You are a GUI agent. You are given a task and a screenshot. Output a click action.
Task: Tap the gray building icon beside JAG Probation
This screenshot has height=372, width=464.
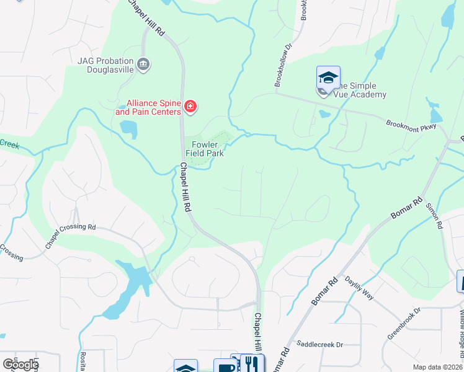coord(144,64)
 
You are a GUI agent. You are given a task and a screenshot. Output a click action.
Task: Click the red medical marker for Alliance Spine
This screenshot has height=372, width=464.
coord(190,108)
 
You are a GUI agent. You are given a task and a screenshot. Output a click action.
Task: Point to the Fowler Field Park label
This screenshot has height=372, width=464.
coord(204,149)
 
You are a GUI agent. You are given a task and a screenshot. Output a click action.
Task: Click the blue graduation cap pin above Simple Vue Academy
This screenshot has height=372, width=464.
coord(328,78)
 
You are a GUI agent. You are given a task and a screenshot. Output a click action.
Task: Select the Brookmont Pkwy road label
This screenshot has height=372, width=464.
coord(411,123)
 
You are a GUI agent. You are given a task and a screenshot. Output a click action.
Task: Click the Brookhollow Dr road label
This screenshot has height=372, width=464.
coord(283,66)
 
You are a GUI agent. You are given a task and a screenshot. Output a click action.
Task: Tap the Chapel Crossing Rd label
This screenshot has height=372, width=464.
coord(70,236)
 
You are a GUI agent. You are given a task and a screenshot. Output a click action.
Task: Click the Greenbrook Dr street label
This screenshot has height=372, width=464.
coord(404,322)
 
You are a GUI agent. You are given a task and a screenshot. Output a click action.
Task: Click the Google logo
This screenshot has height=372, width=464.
coord(20,364)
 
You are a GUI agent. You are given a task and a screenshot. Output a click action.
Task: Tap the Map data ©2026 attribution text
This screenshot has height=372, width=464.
coord(437,367)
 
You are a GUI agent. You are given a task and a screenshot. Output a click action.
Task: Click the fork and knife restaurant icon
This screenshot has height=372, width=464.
coord(252,364)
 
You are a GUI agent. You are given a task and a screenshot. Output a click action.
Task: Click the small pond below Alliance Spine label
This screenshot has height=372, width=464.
coord(129,129)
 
